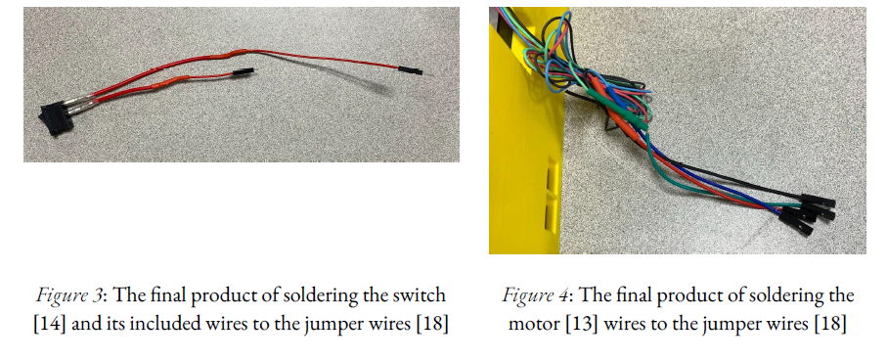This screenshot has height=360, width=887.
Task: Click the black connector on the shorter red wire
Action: (x=244, y=71)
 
